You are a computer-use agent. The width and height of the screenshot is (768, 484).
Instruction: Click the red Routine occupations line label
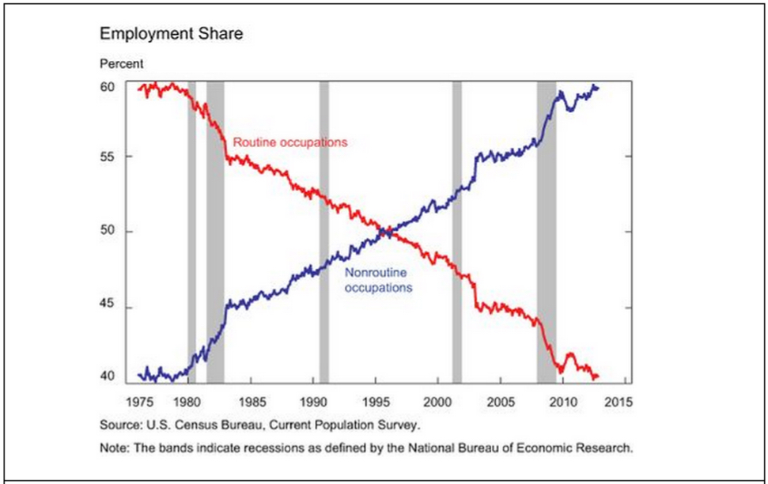290,142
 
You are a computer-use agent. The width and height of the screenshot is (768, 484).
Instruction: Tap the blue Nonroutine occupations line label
378,280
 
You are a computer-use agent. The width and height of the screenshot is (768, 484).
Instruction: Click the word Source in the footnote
118,425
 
